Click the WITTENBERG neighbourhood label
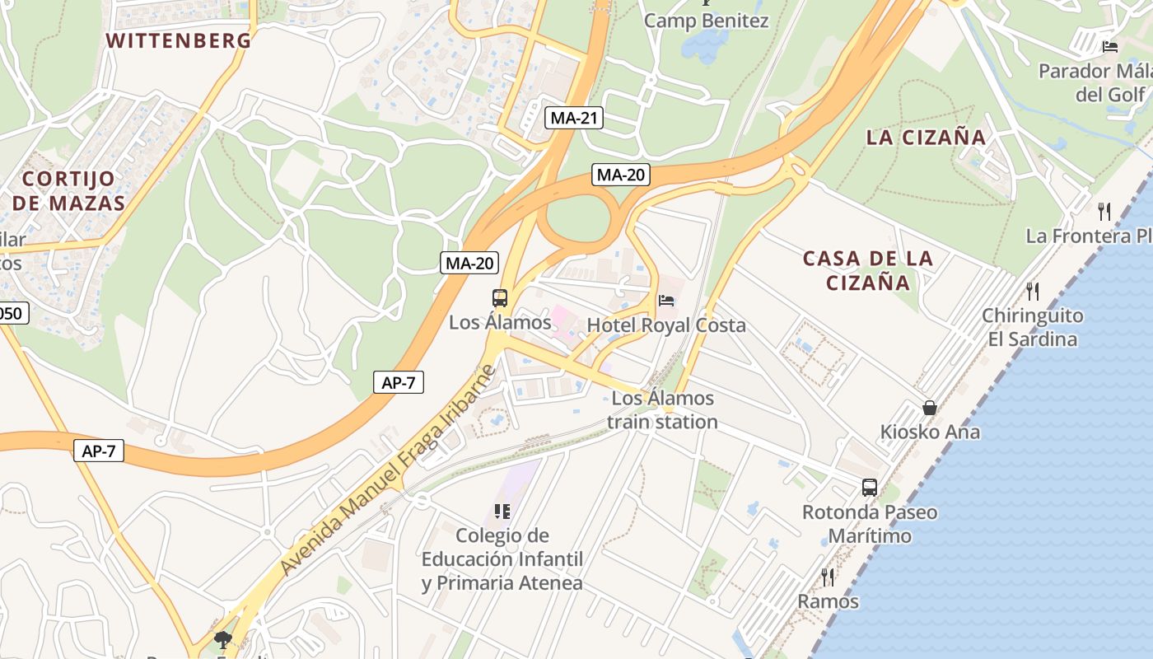(179, 40)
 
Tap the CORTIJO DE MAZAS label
(68, 190)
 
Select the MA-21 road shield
(574, 118)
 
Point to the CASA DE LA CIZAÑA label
(868, 270)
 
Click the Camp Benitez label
(706, 21)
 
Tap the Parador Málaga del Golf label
(1095, 82)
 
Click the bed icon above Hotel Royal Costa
(666, 301)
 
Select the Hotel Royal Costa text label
(666, 325)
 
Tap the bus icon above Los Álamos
(500, 298)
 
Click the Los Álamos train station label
(663, 409)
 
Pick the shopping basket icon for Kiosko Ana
(930, 408)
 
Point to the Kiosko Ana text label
(930, 432)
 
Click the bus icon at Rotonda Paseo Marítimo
(870, 487)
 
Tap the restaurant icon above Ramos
(828, 577)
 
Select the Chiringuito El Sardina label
(1032, 327)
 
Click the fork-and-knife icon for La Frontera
(1104, 212)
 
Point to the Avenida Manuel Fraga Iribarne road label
(388, 469)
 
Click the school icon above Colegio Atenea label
(502, 512)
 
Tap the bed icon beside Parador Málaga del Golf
(1110, 46)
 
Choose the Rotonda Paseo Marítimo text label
(870, 524)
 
